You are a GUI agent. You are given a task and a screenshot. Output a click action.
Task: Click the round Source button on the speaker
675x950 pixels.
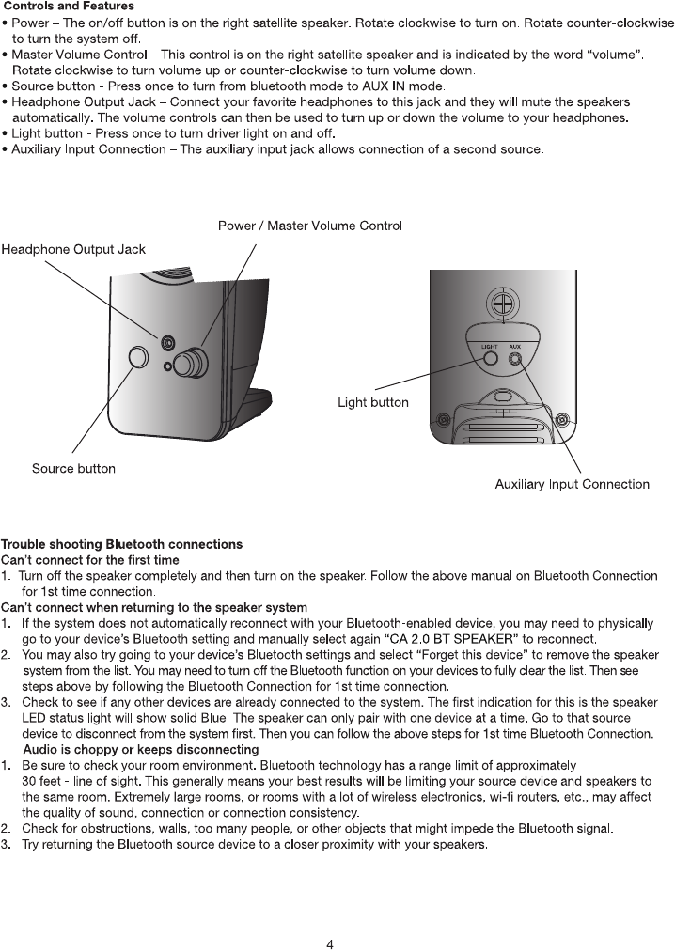click(x=138, y=357)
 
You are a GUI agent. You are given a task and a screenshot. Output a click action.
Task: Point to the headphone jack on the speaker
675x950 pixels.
click(x=167, y=342)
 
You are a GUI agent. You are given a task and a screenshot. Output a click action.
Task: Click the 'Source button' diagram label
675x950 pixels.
click(x=73, y=468)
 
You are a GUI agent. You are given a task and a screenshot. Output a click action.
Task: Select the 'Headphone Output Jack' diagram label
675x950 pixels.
click(x=73, y=249)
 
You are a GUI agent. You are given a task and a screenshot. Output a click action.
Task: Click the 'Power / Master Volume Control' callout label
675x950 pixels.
click(x=310, y=226)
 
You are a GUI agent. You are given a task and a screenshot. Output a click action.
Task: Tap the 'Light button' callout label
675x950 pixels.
click(x=373, y=402)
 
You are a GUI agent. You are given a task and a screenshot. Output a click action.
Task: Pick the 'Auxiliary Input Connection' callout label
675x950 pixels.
click(x=572, y=484)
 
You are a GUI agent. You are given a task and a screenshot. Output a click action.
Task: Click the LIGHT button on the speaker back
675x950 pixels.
click(x=490, y=357)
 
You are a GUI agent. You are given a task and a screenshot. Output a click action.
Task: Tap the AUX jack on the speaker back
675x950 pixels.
click(x=514, y=357)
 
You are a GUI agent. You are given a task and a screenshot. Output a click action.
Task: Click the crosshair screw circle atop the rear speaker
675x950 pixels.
click(x=504, y=305)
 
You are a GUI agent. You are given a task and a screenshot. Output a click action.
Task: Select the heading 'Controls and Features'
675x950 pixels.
click(x=70, y=7)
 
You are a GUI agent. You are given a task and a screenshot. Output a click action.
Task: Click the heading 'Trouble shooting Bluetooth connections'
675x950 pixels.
click(x=121, y=544)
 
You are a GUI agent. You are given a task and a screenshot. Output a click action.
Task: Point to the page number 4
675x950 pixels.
click(x=330, y=943)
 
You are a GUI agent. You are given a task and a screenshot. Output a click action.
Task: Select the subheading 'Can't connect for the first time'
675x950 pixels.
click(x=89, y=560)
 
